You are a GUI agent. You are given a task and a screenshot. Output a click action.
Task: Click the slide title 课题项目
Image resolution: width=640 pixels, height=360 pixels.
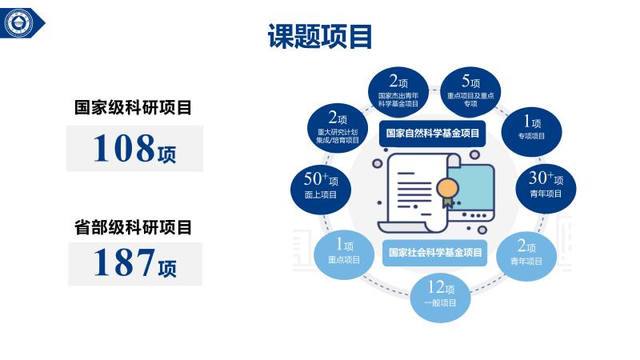(x=319, y=36)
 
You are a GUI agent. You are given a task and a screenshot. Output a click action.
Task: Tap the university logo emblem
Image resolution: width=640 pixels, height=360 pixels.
(x=18, y=23)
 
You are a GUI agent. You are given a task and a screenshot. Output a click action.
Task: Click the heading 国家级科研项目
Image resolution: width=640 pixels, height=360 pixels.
(x=133, y=108)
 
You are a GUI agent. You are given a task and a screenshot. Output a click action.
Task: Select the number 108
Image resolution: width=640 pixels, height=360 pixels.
(x=124, y=148)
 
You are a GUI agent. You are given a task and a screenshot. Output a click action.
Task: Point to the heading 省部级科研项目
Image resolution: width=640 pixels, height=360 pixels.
(x=133, y=227)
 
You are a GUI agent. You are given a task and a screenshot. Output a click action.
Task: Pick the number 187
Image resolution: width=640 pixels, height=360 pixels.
(x=124, y=262)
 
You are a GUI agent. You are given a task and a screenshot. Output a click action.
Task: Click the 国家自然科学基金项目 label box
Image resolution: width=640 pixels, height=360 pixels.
(x=432, y=133)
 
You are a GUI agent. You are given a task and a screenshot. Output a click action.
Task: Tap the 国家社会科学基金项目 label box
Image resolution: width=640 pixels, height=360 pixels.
(x=434, y=253)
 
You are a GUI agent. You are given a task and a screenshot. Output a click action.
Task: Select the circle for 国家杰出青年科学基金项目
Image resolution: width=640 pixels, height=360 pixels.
(x=398, y=92)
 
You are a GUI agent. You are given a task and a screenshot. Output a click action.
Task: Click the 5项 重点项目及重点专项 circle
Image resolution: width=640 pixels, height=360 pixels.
(x=470, y=92)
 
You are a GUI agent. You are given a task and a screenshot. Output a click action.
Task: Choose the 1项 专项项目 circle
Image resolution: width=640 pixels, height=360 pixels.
(x=531, y=131)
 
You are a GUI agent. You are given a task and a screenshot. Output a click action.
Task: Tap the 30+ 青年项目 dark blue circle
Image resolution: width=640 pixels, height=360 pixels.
(x=546, y=188)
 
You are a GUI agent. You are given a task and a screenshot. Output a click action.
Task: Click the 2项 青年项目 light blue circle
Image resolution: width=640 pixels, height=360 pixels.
(x=526, y=256)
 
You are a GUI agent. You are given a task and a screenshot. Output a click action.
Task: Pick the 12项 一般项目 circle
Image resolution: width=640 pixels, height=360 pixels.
(x=440, y=298)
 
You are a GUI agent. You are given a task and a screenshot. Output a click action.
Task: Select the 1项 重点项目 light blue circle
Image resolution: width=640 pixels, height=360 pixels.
(x=344, y=254)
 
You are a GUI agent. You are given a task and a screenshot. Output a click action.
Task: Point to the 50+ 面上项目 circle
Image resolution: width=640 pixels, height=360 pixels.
(x=321, y=190)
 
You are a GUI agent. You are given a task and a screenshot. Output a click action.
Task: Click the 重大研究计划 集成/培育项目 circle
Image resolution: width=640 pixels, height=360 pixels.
(x=337, y=129)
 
